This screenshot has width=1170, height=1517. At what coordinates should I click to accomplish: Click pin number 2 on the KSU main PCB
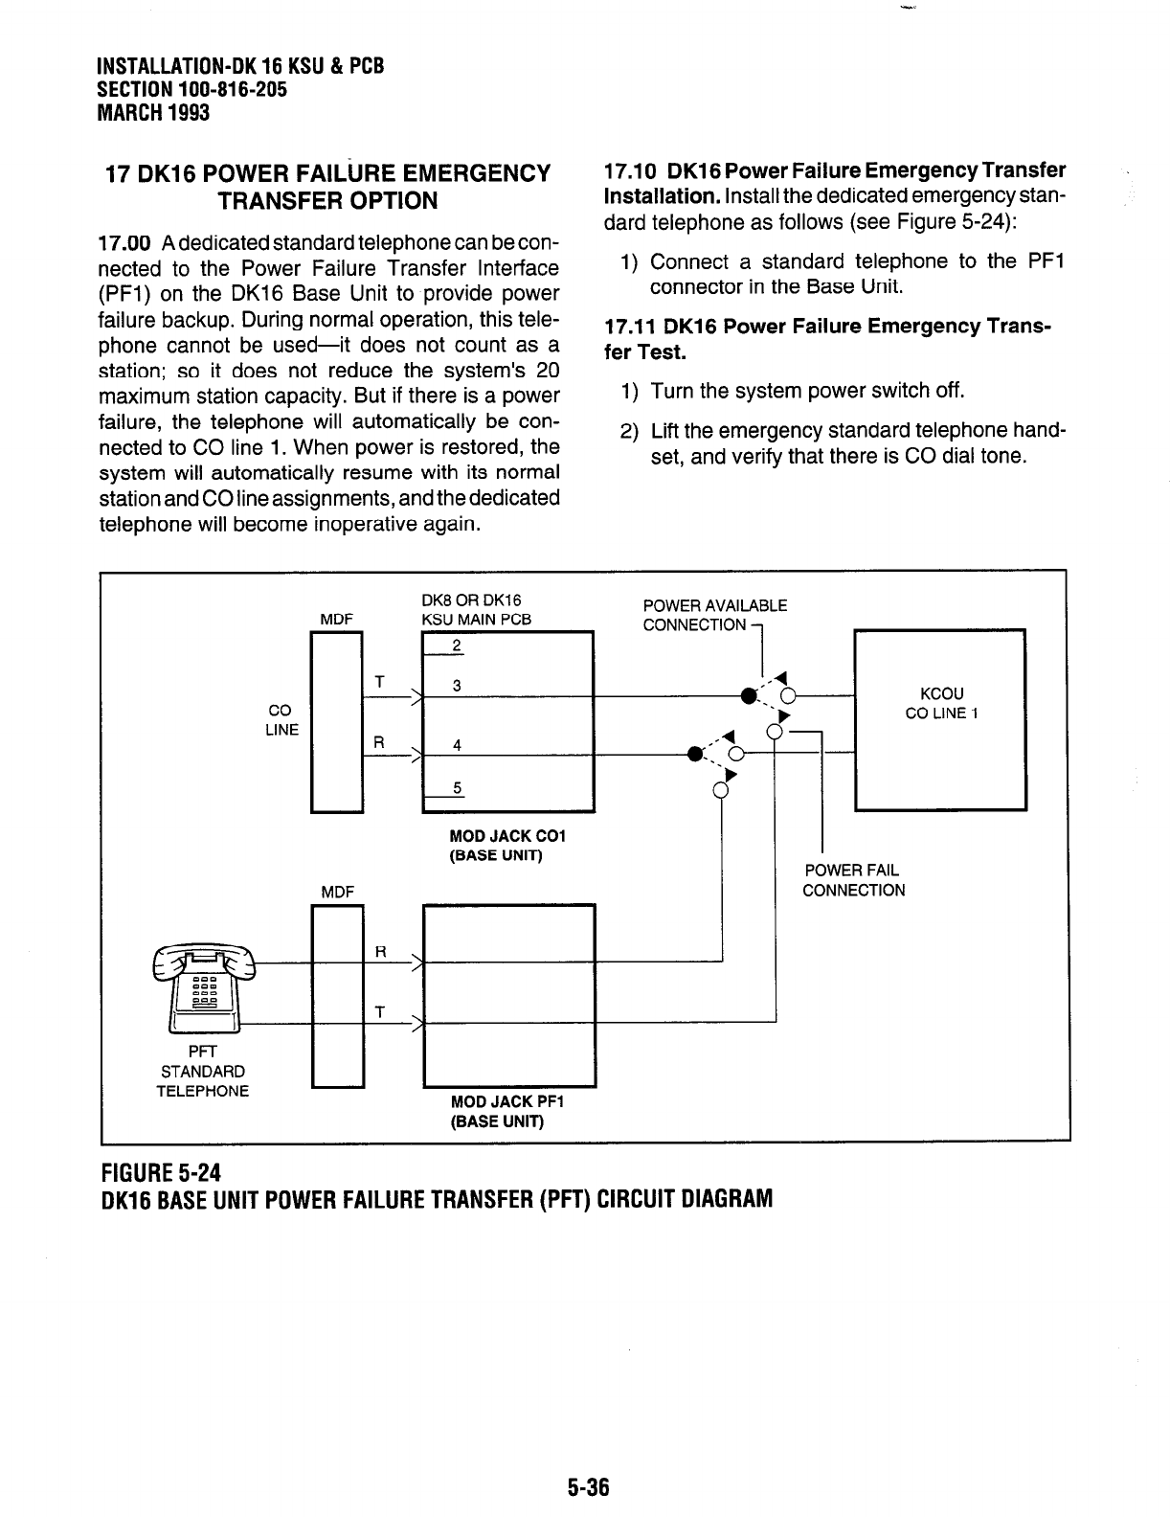point(458,645)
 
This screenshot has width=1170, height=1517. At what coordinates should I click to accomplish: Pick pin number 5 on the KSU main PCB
point(458,788)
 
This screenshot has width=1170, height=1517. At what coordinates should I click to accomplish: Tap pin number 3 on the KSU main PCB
point(458,686)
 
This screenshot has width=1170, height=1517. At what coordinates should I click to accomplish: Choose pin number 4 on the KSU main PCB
point(458,745)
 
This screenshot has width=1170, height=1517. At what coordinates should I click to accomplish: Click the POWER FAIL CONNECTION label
point(853,880)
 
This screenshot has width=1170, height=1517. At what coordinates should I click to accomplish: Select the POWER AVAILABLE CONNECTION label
point(714,615)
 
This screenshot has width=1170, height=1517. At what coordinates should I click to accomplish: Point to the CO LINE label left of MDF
point(281,720)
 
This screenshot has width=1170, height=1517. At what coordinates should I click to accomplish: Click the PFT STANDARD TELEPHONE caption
point(203,1072)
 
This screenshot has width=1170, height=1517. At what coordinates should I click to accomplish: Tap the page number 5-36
point(586,1487)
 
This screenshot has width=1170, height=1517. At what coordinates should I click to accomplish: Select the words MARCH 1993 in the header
point(153,112)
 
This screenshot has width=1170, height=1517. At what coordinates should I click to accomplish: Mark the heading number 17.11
point(634,328)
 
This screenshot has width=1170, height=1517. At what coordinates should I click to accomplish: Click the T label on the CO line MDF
point(380,681)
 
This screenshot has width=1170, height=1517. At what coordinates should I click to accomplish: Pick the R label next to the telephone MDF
point(380,952)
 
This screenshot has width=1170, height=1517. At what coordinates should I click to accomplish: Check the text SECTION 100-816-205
point(191,89)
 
